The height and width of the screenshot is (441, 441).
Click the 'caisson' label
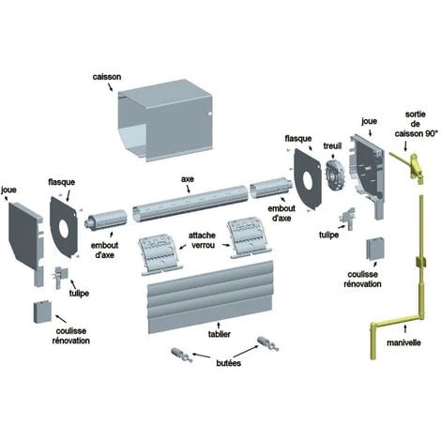point(107,77)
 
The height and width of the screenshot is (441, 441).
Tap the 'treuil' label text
point(332,145)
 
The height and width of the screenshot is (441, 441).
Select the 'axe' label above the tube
point(188,179)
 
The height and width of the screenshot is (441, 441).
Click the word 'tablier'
point(220,334)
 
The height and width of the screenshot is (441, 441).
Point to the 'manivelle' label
point(403,342)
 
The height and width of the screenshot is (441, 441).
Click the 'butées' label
point(229,363)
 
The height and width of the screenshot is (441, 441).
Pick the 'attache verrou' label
point(202,240)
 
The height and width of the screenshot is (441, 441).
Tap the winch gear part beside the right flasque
point(334,175)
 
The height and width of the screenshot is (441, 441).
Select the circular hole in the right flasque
point(308,181)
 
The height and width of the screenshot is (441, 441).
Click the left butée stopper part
point(182,356)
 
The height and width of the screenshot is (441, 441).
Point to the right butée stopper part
point(267,343)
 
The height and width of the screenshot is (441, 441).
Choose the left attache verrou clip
point(160,256)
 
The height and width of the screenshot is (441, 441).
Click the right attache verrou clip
point(249,238)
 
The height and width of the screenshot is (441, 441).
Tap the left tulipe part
point(60,277)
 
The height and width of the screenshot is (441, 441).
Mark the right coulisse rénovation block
point(375,249)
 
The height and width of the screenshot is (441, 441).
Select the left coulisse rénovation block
point(42,312)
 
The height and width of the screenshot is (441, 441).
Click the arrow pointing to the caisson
point(110,86)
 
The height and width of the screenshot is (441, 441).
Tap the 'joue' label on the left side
point(8,190)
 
